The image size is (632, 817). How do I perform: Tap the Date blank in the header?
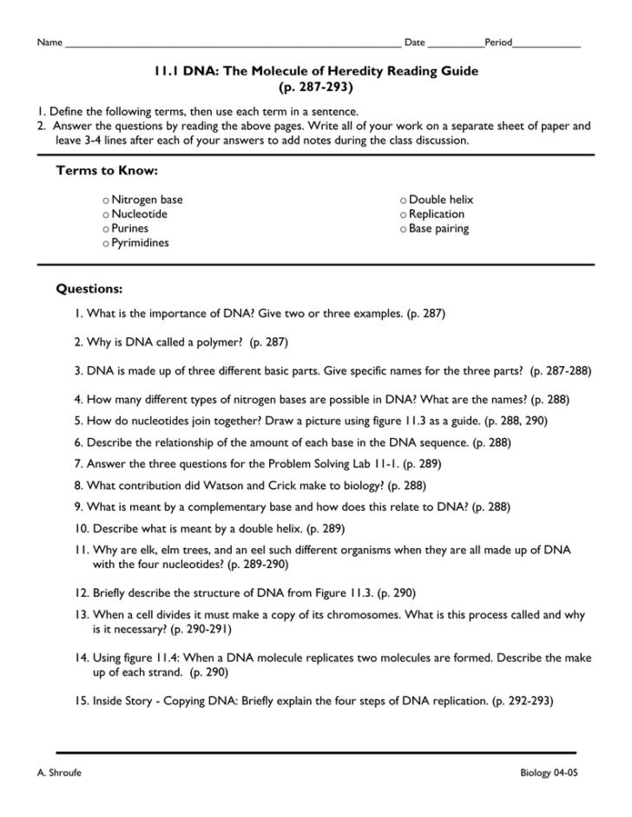coord(456,43)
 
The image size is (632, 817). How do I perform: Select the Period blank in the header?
coord(547,43)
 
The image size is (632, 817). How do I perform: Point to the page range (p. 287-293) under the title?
coord(316,87)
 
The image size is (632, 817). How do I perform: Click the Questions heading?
coord(89,287)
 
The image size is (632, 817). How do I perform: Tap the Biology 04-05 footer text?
coord(549,772)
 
